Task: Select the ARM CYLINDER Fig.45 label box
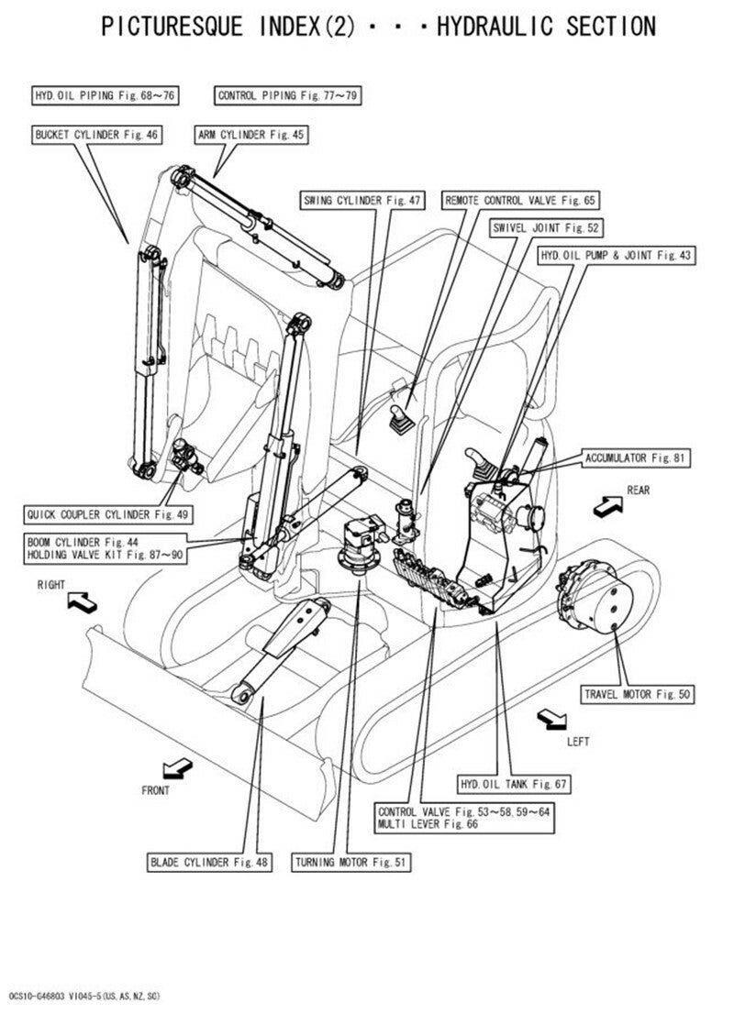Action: (251, 135)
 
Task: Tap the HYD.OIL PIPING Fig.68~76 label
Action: (105, 94)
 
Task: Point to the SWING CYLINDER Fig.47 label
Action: (362, 199)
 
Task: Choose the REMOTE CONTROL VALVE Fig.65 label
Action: (520, 199)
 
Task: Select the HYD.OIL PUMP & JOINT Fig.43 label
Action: (615, 255)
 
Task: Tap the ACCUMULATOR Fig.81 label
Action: (637, 457)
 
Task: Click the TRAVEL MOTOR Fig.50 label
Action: (637, 694)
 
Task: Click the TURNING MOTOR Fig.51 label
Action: (350, 862)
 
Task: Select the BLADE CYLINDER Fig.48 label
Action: (210, 862)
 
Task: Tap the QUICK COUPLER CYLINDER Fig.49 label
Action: (108, 514)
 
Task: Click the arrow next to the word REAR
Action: (607, 503)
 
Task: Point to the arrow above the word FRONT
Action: (175, 766)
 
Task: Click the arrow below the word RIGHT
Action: (80, 601)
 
